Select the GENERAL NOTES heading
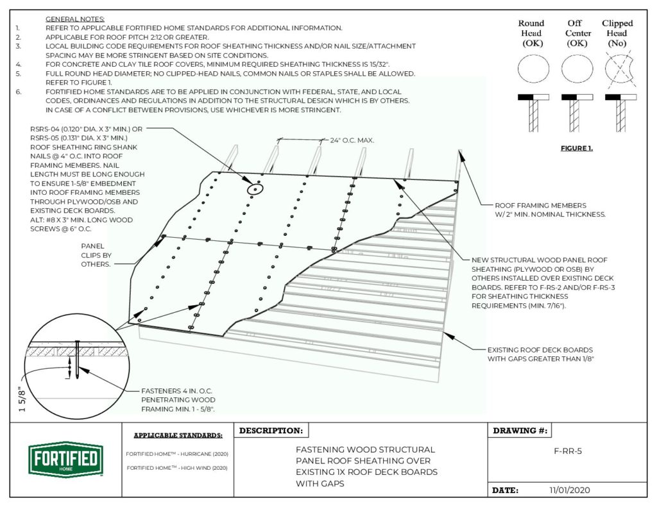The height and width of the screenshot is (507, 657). coord(75,19)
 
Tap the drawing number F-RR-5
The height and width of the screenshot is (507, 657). coord(567,451)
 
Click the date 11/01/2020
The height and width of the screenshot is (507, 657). coord(569,490)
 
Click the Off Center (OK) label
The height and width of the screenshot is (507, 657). coord(574,33)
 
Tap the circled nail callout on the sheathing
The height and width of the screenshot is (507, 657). coord(255,189)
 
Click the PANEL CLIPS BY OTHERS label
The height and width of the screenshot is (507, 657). coord(96,254)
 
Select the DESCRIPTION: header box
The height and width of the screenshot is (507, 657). coord(271,431)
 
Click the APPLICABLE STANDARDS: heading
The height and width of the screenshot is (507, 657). coord(178,435)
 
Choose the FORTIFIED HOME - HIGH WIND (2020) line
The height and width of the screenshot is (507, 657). coord(177,468)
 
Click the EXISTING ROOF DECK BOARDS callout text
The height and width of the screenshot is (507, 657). coord(540,354)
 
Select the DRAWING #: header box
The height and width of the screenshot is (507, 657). coord(520,431)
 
